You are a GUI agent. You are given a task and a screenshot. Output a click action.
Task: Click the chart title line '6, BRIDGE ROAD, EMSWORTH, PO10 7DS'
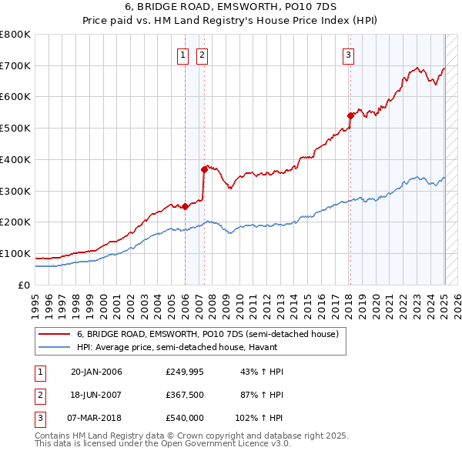pyautogui.click(x=230, y=8)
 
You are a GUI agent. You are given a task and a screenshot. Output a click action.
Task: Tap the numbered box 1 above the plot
pyautogui.click(x=182, y=54)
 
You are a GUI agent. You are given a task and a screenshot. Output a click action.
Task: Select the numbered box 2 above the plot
pyautogui.click(x=201, y=54)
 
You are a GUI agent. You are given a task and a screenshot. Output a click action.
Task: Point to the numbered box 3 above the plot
pyautogui.click(x=348, y=54)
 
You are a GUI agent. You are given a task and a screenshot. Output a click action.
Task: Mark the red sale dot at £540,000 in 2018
pyautogui.click(x=350, y=115)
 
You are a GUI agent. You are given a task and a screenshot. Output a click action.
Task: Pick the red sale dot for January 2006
pyautogui.click(x=185, y=206)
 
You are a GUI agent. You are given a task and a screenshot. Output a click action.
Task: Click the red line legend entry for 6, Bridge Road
pyautogui.click(x=207, y=335)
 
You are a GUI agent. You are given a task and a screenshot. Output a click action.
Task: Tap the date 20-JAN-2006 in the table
pyautogui.click(x=96, y=372)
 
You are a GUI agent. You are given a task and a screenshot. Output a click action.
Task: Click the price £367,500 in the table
pyautogui.click(x=185, y=395)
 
